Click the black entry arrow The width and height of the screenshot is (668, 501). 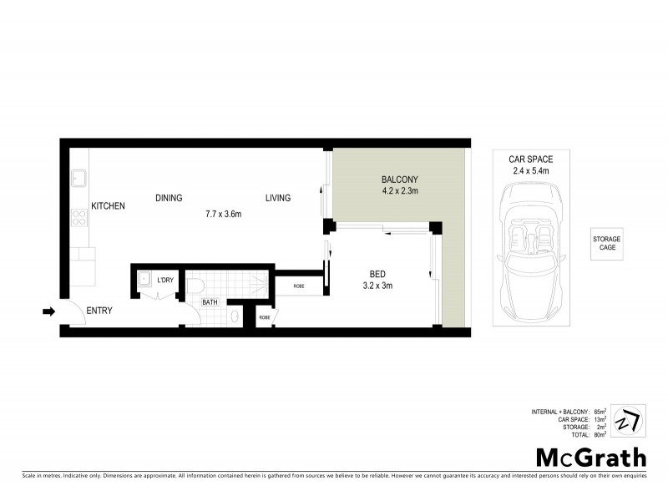point(48,312)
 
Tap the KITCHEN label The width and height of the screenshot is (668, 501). point(108,205)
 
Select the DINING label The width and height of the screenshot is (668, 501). point(169,198)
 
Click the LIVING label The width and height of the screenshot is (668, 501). point(278,198)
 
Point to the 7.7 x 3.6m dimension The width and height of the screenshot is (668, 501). point(223,214)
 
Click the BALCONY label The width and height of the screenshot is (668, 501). point(399,180)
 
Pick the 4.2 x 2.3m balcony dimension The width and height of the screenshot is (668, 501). point(399,191)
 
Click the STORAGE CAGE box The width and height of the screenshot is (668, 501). point(607,243)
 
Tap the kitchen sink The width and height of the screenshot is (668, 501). point(79,179)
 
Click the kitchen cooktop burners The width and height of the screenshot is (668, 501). point(79,217)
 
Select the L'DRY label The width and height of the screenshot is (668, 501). point(165,280)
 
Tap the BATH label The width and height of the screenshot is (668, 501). point(210,302)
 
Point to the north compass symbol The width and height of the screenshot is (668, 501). point(628,420)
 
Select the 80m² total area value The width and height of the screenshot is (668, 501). point(600,435)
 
